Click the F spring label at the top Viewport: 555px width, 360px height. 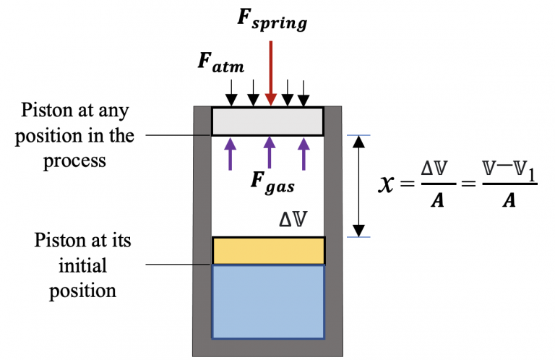pyautogui.click(x=272, y=20)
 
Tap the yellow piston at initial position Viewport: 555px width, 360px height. pyautogui.click(x=268, y=250)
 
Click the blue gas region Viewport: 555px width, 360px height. pyautogui.click(x=268, y=301)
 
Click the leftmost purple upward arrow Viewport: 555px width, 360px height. pyautogui.click(x=231, y=153)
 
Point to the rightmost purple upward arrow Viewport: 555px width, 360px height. pyautogui.click(x=304, y=153)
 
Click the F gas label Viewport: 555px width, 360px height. pyautogui.click(x=271, y=183)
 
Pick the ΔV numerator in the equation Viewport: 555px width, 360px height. pyautogui.click(x=429, y=172)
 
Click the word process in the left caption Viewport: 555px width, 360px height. pyautogui.click(x=74, y=159)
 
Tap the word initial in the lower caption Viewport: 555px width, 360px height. pyautogui.click(x=83, y=265)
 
